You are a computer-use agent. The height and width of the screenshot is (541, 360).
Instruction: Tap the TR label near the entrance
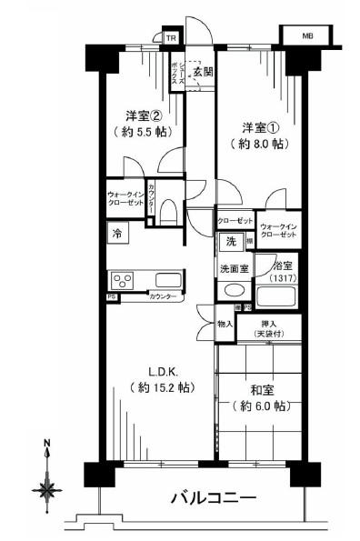point(170,37)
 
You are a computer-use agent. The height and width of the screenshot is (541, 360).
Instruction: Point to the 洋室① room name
point(259,125)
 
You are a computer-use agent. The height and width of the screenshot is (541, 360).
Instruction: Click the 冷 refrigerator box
point(117,233)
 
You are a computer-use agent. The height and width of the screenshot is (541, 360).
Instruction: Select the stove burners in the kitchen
point(122,280)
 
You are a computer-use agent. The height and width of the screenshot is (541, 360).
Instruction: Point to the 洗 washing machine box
point(230,243)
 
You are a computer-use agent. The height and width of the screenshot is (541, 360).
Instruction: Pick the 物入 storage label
point(224,325)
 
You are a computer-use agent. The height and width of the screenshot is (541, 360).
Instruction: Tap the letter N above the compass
point(47,446)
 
